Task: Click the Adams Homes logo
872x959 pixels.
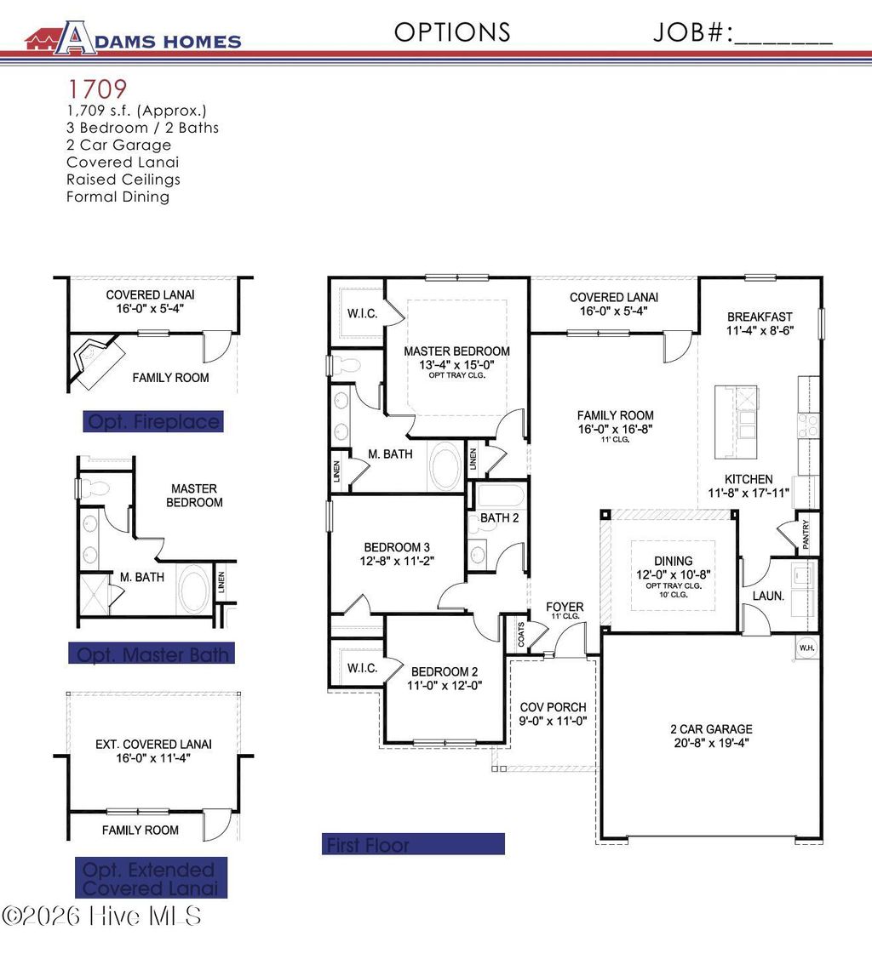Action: pos(133,38)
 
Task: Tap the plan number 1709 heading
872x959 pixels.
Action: pos(97,88)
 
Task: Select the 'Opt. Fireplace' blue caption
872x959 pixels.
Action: pos(153,421)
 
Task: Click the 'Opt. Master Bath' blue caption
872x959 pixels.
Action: pos(152,654)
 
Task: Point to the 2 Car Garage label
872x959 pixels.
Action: pos(711,729)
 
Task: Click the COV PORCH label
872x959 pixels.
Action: pos(554,707)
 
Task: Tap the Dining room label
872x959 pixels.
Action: pos(673,561)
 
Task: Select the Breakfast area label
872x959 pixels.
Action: pos(760,317)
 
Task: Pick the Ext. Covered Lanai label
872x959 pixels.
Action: pos(153,744)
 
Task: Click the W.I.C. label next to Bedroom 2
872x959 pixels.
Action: pos(362,668)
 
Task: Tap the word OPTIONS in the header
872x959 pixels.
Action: pos(452,32)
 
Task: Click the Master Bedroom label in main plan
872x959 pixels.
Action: pos(456,351)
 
